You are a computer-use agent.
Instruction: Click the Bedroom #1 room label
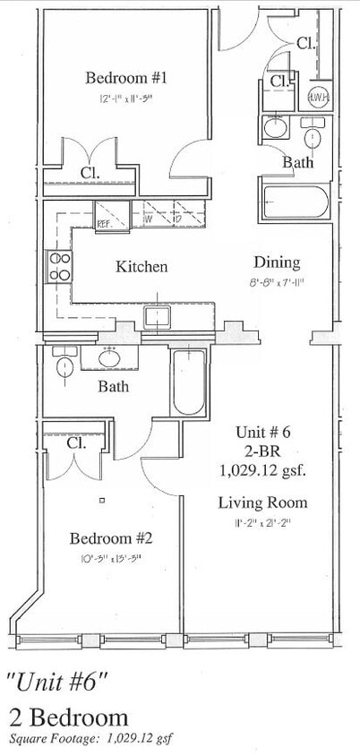(126, 78)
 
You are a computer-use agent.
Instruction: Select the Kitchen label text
(141, 267)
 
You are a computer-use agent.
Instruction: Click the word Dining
(276, 262)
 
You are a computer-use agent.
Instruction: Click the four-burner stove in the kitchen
(60, 266)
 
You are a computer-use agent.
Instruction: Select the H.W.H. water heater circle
(317, 98)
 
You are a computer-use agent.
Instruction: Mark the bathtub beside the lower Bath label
(188, 382)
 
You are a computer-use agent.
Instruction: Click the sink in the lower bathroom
(111, 358)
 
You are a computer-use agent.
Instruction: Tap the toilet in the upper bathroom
(313, 136)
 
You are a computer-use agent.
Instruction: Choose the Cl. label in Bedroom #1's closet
(89, 172)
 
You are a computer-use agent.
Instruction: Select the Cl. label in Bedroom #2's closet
(76, 443)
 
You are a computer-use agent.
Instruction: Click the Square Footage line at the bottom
(92, 740)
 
